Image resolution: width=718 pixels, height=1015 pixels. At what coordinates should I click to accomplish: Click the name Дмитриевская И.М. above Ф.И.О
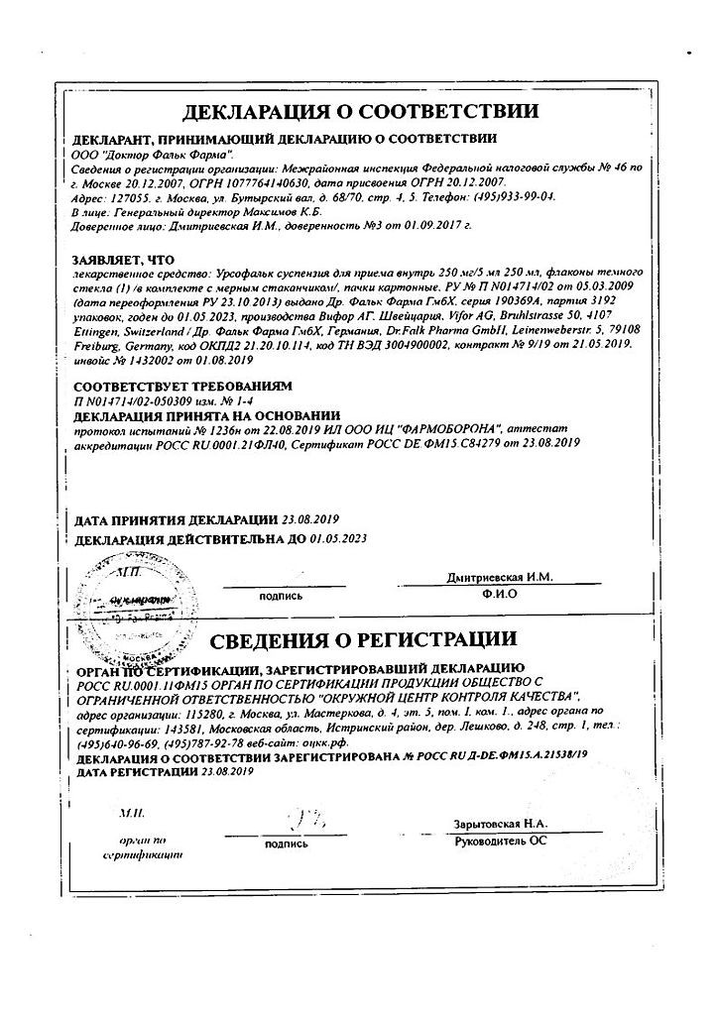point(499,577)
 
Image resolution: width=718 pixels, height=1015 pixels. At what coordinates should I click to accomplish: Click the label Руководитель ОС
point(500,841)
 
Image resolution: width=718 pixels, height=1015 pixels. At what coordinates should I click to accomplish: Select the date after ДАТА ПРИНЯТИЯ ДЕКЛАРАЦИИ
point(310,519)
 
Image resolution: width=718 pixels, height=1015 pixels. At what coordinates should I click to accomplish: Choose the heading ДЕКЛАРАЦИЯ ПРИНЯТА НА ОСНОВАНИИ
point(207,414)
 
